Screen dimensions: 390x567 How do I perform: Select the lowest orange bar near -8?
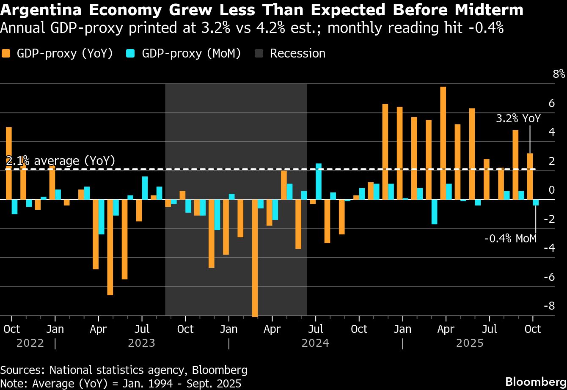pyautogui.click(x=255, y=258)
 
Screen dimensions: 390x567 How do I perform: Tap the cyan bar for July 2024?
pyautogui.click(x=319, y=181)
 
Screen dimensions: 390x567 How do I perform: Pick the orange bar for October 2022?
pyautogui.click(x=8, y=163)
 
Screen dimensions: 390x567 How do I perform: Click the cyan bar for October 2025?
pyautogui.click(x=536, y=203)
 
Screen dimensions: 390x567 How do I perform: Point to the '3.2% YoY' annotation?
pyautogui.click(x=518, y=118)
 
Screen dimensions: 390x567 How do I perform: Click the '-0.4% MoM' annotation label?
pyautogui.click(x=510, y=239)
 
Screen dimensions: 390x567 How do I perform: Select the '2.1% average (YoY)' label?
pyautogui.click(x=61, y=161)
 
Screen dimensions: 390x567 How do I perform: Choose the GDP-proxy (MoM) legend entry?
pyautogui.click(x=184, y=53)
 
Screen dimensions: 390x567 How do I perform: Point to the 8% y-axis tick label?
pyautogui.click(x=559, y=74)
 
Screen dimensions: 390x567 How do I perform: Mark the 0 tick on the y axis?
pyautogui.click(x=551, y=190)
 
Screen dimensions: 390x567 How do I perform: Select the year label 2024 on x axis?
pyautogui.click(x=315, y=343)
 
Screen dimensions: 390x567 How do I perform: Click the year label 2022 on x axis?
pyautogui.click(x=30, y=343)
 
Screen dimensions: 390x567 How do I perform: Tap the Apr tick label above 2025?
pyautogui.click(x=446, y=329)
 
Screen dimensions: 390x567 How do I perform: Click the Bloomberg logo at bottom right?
pyautogui.click(x=536, y=379)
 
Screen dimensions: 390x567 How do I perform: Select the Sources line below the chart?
pyautogui.click(x=124, y=370)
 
